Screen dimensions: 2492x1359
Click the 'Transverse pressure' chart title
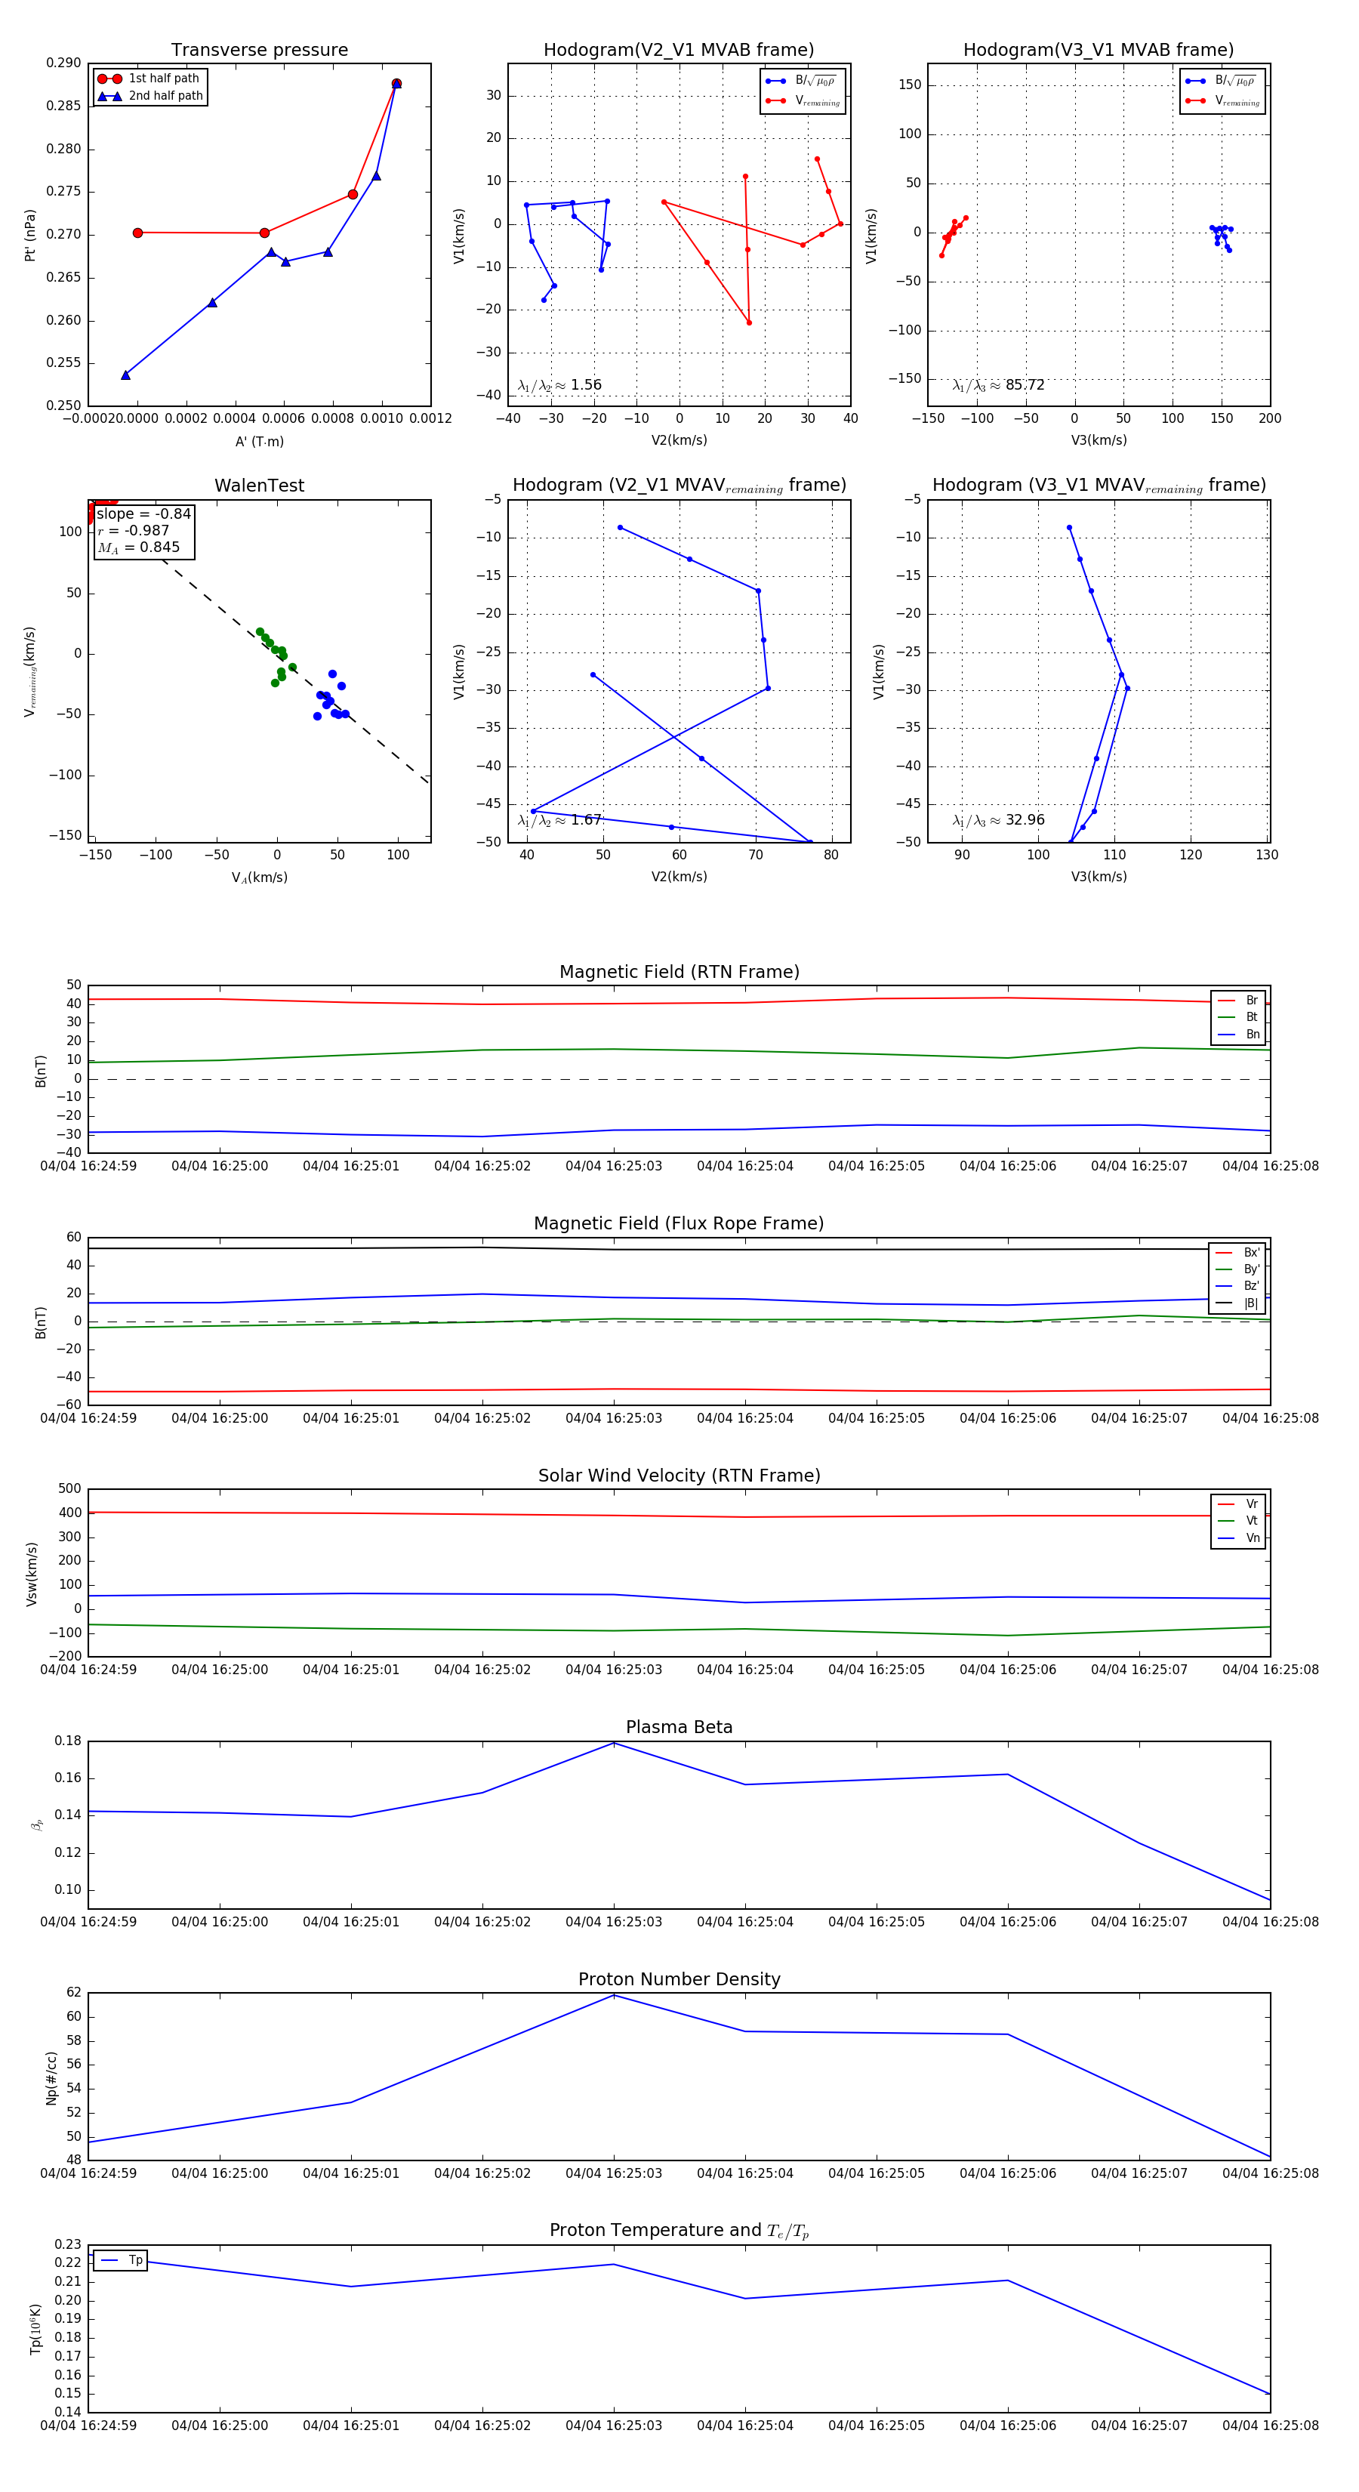[x=259, y=51]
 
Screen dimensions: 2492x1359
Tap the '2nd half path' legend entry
[x=165, y=96]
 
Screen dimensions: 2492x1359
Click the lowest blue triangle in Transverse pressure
[x=126, y=375]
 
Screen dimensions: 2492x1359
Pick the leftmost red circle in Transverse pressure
[x=137, y=233]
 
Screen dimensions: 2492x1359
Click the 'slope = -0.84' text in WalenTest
[x=143, y=514]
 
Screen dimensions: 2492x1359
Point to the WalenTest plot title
[x=259, y=486]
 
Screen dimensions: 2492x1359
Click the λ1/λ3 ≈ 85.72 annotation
[x=998, y=385]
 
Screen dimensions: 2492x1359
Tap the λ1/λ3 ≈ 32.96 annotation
[x=998, y=820]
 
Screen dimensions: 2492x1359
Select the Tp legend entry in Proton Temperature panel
[x=134, y=2261]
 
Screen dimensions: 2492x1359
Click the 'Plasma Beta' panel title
[x=679, y=1728]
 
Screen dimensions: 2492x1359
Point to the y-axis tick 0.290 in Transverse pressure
[x=64, y=63]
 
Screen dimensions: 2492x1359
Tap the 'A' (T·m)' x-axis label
[x=259, y=441]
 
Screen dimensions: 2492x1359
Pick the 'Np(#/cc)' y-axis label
[x=51, y=2078]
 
